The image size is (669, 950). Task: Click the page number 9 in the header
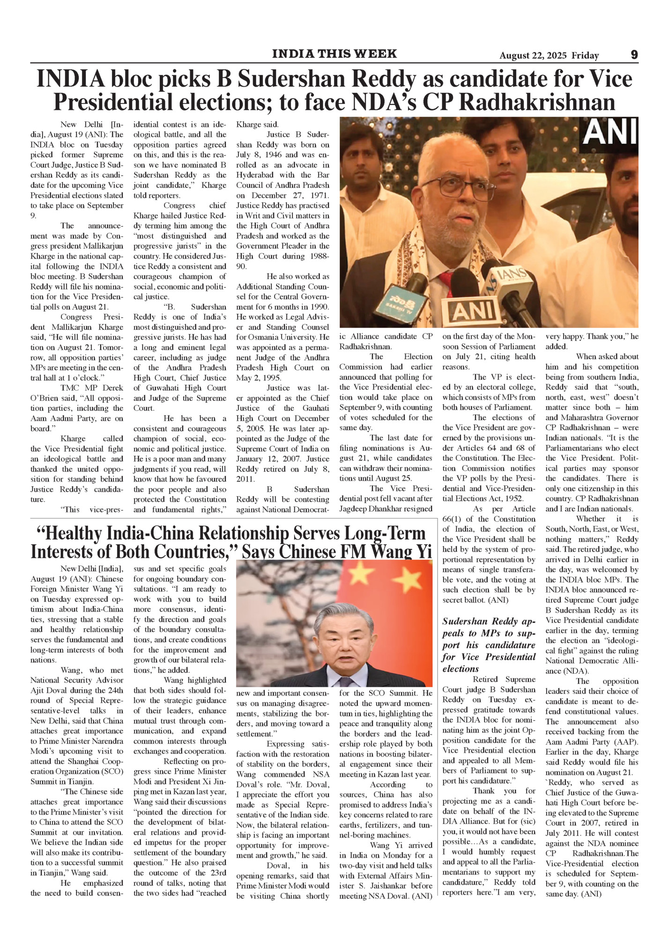pos(634,55)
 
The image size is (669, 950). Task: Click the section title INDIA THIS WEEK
pos(334,54)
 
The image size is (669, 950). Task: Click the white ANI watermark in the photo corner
pos(610,131)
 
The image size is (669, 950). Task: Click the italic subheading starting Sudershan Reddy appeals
pos(489,645)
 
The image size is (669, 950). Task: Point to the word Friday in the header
pos(585,56)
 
